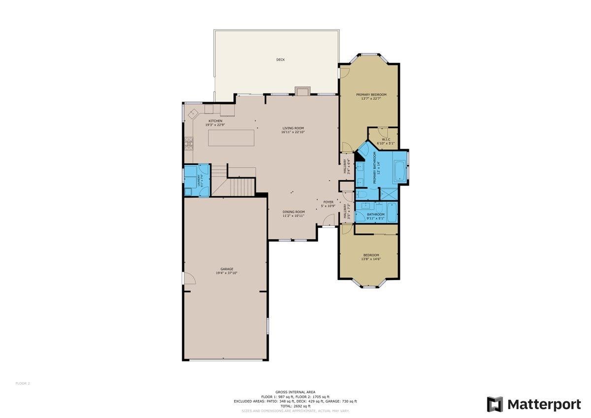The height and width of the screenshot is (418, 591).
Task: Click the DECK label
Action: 280,60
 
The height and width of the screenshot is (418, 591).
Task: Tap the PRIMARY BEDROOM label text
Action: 371,95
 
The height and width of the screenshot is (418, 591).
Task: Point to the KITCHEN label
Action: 215,121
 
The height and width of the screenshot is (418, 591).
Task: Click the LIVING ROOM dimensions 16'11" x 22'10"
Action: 293,132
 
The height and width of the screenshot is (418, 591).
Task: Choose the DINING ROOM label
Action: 294,212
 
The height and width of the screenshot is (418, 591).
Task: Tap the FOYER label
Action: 328,202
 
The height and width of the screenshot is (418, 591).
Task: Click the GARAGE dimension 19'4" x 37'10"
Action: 227,273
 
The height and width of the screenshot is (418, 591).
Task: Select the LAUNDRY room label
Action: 199,181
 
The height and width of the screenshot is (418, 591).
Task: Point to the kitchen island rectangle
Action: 231,138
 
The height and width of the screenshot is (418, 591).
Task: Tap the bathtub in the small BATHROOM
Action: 392,213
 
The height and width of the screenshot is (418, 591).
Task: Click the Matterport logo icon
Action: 494,404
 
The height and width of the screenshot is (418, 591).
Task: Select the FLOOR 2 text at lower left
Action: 23,383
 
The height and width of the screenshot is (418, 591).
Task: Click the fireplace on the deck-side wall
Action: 302,91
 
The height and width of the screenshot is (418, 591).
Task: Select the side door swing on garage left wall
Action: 189,278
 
